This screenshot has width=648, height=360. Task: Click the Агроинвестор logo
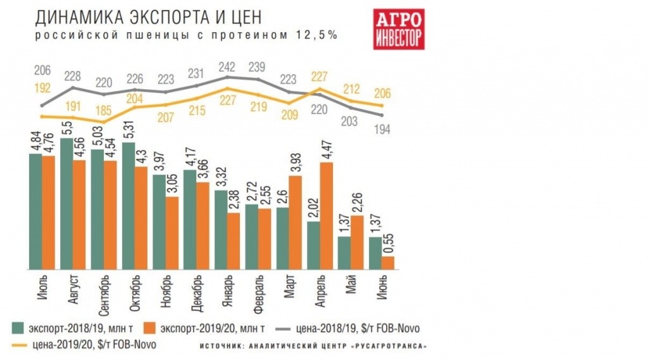[398, 29]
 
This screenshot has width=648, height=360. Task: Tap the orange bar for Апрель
[327, 215]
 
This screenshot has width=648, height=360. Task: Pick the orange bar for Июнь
[389, 262]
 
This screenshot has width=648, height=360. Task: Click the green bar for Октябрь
[127, 206]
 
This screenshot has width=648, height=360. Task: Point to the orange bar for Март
[296, 221]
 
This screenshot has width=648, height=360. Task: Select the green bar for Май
[344, 252]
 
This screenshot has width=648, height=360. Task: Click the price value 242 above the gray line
[227, 66]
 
